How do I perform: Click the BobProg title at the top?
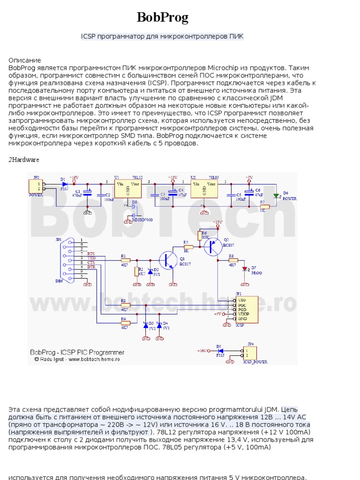[x=162, y=18]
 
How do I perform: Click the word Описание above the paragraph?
[x=25, y=60]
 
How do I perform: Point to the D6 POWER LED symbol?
[x=276, y=195]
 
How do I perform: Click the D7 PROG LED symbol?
[x=245, y=269]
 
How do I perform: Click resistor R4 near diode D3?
[x=125, y=322]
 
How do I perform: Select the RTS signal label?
[x=91, y=254]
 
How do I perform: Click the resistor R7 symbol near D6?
[x=264, y=206]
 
